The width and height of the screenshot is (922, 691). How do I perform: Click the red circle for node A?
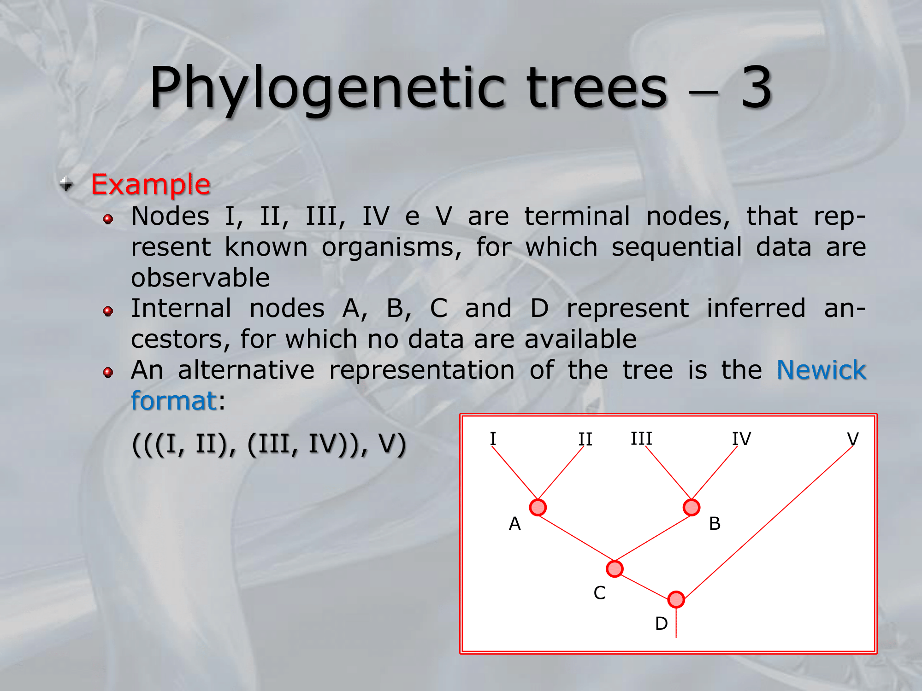[538, 507]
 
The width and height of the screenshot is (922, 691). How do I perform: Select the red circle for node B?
[691, 507]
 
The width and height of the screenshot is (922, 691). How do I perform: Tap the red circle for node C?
[615, 568]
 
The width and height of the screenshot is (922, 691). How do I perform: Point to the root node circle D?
[676, 599]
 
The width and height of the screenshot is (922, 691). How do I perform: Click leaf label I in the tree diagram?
[493, 439]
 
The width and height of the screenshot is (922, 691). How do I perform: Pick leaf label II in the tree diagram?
[585, 439]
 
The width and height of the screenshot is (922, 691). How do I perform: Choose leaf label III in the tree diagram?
[641, 438]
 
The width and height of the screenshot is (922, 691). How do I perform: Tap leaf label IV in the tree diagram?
[742, 439]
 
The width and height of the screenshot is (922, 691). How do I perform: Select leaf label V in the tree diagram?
[853, 439]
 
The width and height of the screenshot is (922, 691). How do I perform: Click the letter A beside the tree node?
[514, 524]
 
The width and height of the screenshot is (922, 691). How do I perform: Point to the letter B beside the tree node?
[715, 524]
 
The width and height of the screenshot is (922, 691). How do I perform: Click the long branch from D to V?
[768, 523]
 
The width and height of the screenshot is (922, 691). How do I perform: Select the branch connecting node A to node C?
[576, 538]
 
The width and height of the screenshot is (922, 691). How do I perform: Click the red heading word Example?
[151, 185]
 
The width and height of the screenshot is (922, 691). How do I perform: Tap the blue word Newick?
[822, 370]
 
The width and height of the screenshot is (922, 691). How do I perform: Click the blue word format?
[174, 400]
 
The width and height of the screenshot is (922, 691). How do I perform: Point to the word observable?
[201, 278]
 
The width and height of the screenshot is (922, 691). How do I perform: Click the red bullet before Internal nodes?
[108, 311]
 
